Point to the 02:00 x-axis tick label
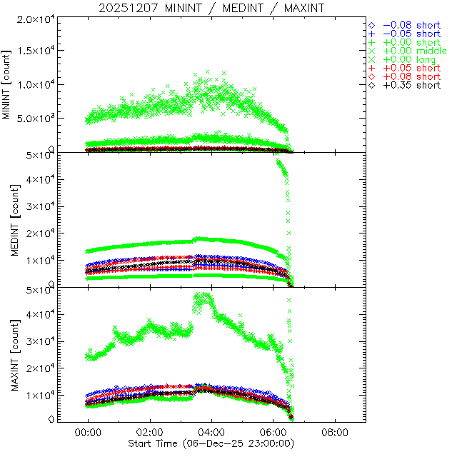[x=150, y=433]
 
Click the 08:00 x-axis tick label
[x=335, y=433]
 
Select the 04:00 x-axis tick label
[x=211, y=433]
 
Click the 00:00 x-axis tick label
[x=88, y=433]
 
